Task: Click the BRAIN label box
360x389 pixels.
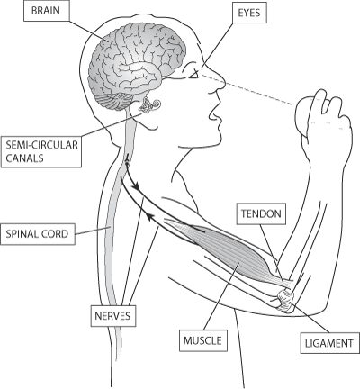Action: click(x=46, y=11)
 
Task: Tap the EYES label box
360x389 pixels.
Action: click(x=249, y=13)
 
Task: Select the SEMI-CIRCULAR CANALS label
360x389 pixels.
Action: click(x=41, y=151)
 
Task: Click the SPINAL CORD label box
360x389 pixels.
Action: click(x=38, y=234)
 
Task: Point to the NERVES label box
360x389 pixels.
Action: click(x=113, y=316)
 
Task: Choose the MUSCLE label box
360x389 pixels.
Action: click(x=203, y=340)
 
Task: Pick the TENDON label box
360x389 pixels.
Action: click(x=261, y=213)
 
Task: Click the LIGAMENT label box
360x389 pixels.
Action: click(x=329, y=343)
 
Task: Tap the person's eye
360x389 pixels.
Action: click(x=194, y=74)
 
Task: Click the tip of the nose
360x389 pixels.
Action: click(x=225, y=84)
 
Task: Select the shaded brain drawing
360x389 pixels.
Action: click(x=137, y=65)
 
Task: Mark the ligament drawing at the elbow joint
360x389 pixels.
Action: click(x=286, y=301)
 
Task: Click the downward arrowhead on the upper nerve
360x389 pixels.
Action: click(x=137, y=187)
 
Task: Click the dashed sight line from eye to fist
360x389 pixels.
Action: click(x=246, y=89)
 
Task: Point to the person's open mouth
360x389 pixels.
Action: click(x=215, y=114)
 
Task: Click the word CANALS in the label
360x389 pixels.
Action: click(x=24, y=158)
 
